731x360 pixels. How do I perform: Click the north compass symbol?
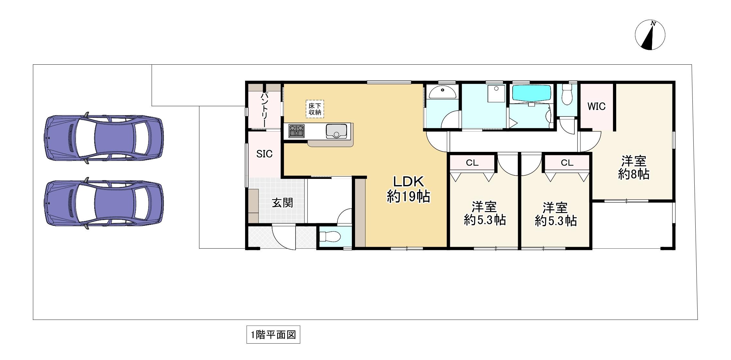[x=650, y=35]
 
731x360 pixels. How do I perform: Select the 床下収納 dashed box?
[x=315, y=109]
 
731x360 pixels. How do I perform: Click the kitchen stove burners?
[x=296, y=131]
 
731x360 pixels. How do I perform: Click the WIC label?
[x=597, y=106]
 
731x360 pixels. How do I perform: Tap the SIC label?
[x=264, y=154]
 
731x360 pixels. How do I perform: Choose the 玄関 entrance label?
[x=282, y=203]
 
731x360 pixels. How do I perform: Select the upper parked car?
[x=104, y=138]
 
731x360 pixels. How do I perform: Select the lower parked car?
[x=104, y=203]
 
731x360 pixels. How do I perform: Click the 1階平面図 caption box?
[x=273, y=335]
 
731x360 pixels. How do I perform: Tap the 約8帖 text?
[x=634, y=174]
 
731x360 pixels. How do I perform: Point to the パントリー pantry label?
[x=264, y=109]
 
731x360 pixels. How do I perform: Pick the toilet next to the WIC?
[x=567, y=94]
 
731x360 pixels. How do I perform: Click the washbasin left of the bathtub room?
[x=442, y=93]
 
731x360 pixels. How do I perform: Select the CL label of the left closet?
[x=472, y=163]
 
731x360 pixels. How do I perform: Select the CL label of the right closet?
[x=567, y=163]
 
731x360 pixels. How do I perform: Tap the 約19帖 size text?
[x=408, y=196]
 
